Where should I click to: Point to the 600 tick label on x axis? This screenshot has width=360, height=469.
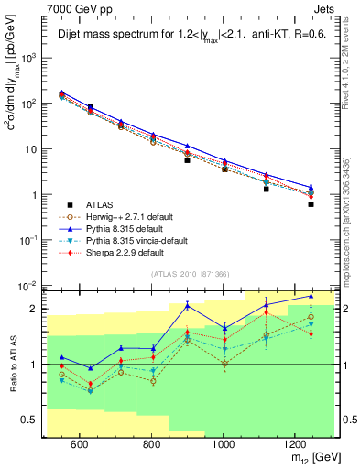click(80, 443)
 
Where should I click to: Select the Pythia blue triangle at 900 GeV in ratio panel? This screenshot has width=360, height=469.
click(188, 304)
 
